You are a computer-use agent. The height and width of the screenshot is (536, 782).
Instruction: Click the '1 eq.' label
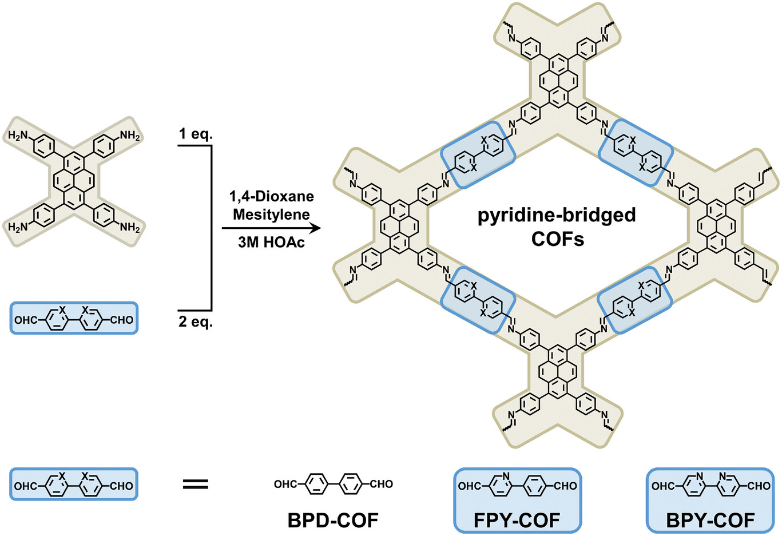tap(196, 134)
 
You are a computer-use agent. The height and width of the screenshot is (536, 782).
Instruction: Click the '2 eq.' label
tap(196, 321)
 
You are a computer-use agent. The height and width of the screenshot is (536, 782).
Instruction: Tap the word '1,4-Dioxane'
tap(271, 197)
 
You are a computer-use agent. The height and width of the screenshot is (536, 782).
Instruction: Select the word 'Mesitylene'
tap(271, 214)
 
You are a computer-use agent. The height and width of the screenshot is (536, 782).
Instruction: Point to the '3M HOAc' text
tap(271, 243)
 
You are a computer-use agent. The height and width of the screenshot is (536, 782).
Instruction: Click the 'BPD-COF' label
tap(333, 521)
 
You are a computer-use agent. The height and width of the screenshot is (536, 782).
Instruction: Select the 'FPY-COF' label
tap(517, 521)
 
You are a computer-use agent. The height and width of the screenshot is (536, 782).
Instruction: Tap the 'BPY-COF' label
tap(710, 521)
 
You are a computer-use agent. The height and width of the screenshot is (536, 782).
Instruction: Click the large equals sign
tap(196, 485)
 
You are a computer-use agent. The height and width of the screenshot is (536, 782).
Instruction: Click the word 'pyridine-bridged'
tap(557, 216)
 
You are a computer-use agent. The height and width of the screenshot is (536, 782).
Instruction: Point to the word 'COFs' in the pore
tap(558, 240)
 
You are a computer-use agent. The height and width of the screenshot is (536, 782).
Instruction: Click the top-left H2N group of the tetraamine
tap(18, 136)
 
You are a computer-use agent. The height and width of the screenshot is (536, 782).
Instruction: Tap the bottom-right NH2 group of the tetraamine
tap(130, 227)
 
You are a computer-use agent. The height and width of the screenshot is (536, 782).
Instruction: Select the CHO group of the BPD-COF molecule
tap(381, 484)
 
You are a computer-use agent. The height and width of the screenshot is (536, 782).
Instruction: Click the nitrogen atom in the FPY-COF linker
tap(506, 476)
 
